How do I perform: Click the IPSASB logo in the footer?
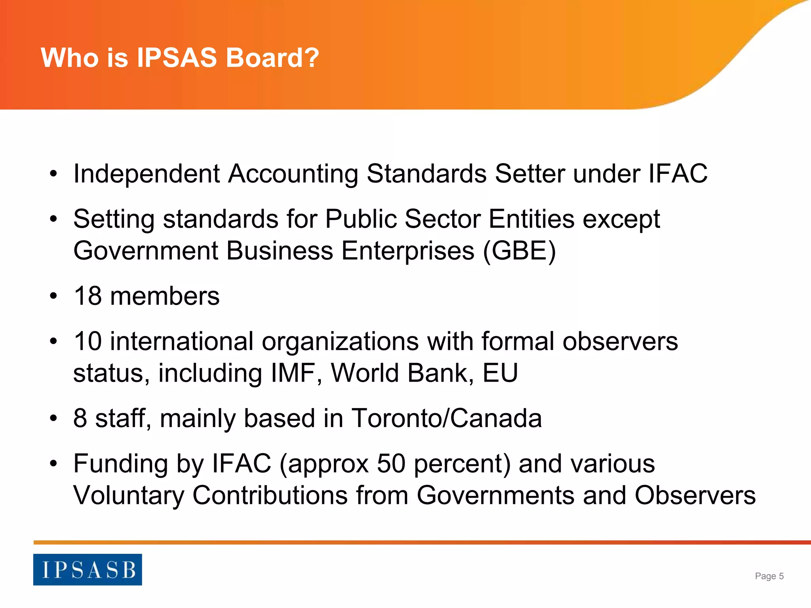tap(88, 570)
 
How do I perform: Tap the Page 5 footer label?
tap(769, 576)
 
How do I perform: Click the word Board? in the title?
tap(272, 58)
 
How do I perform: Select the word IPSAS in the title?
tap(177, 58)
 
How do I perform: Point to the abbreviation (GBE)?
tap(519, 251)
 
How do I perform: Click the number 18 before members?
tap(88, 296)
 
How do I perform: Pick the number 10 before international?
tap(88, 341)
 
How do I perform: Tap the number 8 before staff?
tap(80, 418)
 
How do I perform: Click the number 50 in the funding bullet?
tap(391, 464)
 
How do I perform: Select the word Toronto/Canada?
tap(447, 418)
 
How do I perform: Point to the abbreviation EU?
tap(500, 373)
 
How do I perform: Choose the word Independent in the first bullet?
tap(147, 174)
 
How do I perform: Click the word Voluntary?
tap(129, 496)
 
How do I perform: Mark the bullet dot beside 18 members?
tap(54, 296)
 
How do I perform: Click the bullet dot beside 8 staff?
tap(54, 419)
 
